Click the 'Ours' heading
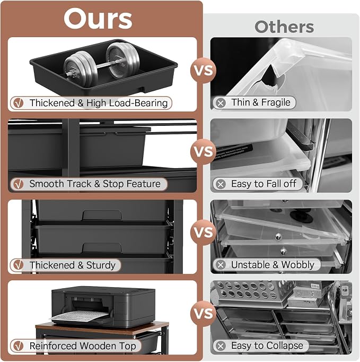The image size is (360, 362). pyautogui.click(x=98, y=19)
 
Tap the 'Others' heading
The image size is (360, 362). pyautogui.click(x=284, y=27)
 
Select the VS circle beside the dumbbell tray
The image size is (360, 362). pyautogui.click(x=203, y=70)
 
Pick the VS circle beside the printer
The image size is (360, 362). pyautogui.click(x=203, y=313)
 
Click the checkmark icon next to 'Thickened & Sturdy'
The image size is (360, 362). pyautogui.click(x=19, y=265)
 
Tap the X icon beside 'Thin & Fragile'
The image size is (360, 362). pyautogui.click(x=221, y=103)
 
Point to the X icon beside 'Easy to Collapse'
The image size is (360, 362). pyautogui.click(x=221, y=346)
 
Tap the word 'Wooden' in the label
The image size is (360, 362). pyautogui.click(x=98, y=346)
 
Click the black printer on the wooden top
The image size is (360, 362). pyautogui.click(x=103, y=307)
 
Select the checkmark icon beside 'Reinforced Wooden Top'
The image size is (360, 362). pyautogui.click(x=19, y=346)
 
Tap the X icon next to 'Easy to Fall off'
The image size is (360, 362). pyautogui.click(x=221, y=184)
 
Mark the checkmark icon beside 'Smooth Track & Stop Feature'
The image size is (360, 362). pyautogui.click(x=19, y=184)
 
